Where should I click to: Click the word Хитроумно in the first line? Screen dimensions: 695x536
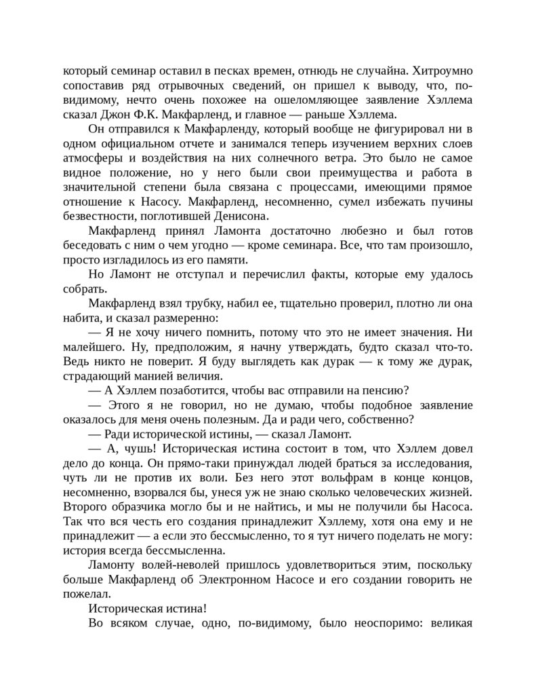coord(441,71)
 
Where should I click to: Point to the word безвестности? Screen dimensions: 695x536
coord(100,217)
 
